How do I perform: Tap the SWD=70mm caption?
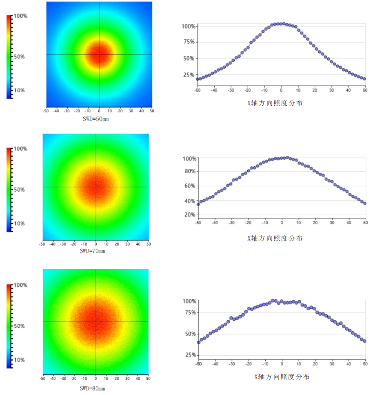[x=92, y=251]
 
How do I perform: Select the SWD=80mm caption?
[x=92, y=388]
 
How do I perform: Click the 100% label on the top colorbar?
[x=21, y=16]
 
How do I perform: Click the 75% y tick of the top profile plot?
[x=189, y=42]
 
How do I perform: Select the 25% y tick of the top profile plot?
[x=189, y=75]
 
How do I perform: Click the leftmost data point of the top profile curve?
[x=198, y=79]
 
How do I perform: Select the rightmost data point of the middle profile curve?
[x=365, y=203]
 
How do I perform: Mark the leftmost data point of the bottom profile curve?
[x=198, y=342]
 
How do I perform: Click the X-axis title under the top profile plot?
[x=275, y=103]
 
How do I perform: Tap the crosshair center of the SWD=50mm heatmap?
[x=99, y=55]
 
